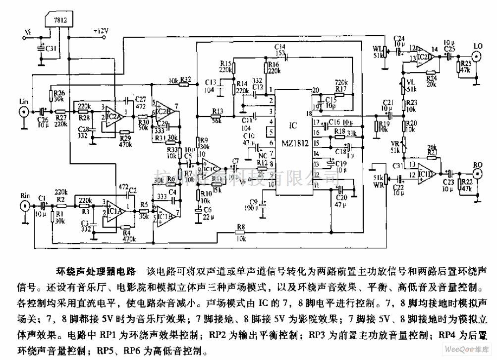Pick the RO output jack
coord(477,174)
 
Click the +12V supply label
coord(101,31)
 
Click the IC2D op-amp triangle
coord(423,54)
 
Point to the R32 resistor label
coord(186,79)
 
